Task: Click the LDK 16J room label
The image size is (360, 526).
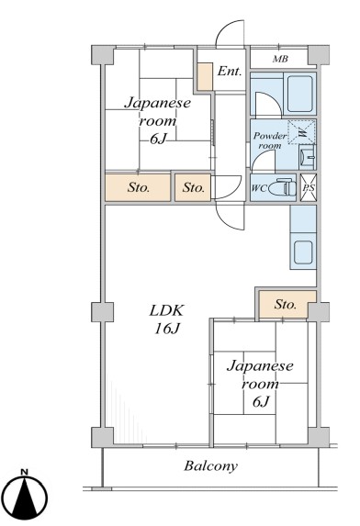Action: click(167, 319)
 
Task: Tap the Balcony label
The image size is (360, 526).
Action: click(210, 466)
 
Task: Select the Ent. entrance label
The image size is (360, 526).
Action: click(230, 71)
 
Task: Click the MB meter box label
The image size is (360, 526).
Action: click(280, 59)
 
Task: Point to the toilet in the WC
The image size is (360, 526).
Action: click(282, 188)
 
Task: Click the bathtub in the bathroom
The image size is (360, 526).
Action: click(300, 94)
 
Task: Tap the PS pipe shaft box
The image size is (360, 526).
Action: click(309, 187)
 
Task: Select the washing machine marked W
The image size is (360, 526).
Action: click(302, 132)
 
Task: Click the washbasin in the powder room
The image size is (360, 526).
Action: click(308, 157)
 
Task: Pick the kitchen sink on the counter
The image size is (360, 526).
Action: click(304, 252)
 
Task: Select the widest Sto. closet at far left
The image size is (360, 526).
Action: click(138, 187)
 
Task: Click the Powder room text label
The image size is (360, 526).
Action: click(270, 140)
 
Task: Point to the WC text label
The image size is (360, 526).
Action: click(259, 188)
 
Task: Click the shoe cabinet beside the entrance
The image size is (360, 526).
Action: click(205, 76)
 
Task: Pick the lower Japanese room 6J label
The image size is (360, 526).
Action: click(260, 384)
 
